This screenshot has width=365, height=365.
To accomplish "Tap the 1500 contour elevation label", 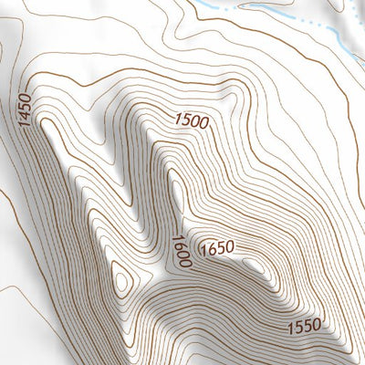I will tap(193, 120).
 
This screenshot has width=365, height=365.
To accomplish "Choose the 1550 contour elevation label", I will tap(301, 325).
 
